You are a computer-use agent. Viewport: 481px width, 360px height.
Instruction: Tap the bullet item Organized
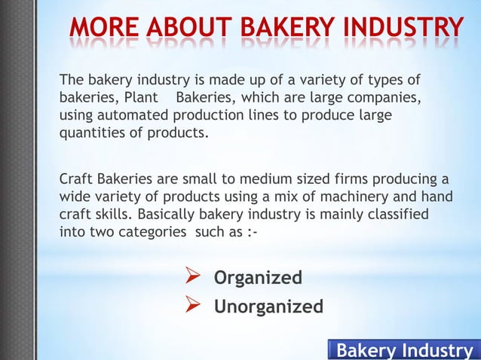259,279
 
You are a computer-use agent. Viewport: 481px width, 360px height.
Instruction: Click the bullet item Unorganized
269,307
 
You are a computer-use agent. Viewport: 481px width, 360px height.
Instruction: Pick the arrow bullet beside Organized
192,279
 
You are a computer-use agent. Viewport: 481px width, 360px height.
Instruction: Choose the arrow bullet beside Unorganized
192,307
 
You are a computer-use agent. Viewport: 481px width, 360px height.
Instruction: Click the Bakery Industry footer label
403,350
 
